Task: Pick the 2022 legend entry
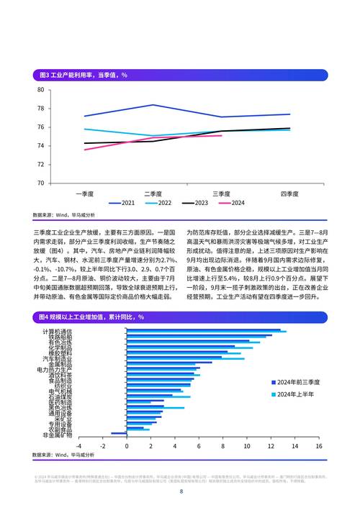[159, 203]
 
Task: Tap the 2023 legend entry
[196, 203]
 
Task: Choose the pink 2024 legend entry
[233, 203]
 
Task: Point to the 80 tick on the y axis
[40, 90]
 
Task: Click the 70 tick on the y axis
[40, 183]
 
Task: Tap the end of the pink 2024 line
[221, 135]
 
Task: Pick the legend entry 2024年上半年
[294, 394]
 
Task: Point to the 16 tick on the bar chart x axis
[318, 445]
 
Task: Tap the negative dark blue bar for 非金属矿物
[118, 433]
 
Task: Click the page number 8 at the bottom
[181, 491]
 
